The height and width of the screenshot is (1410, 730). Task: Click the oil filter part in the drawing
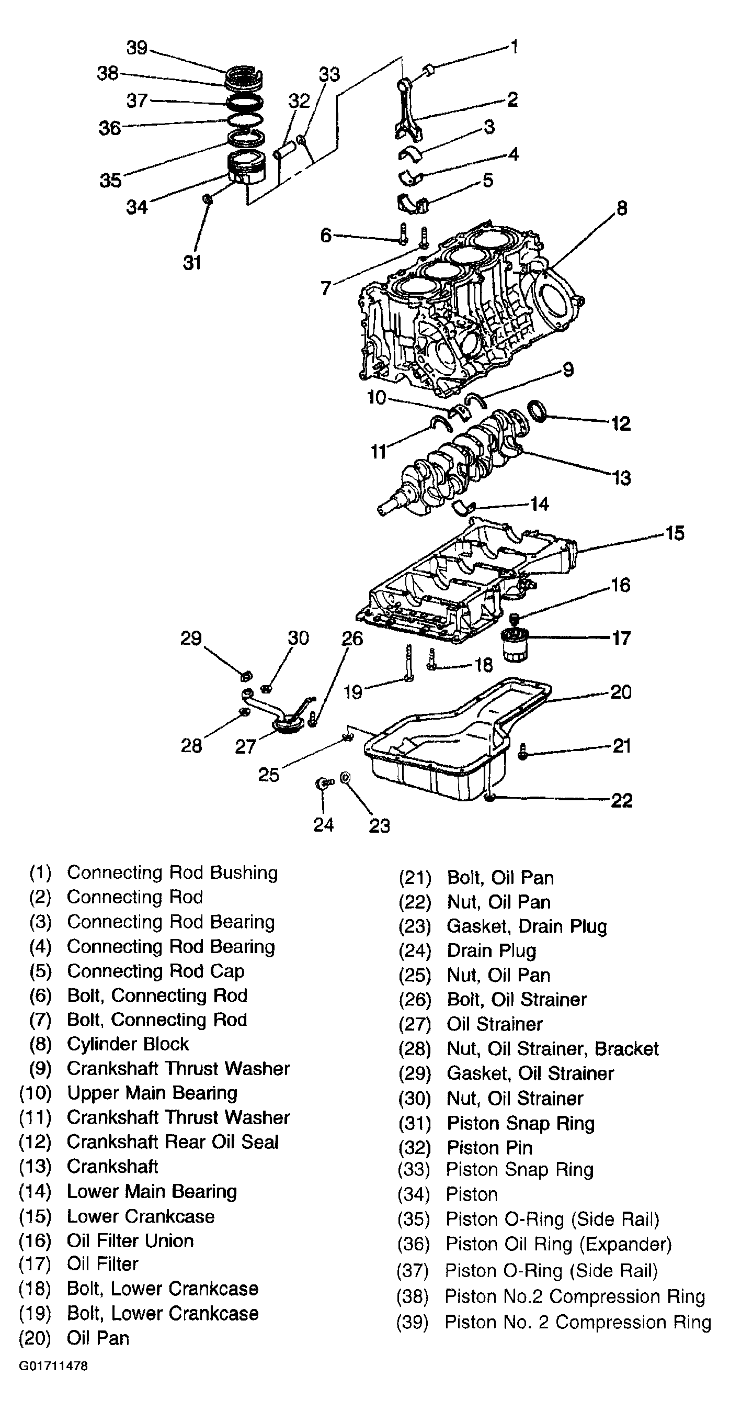click(515, 644)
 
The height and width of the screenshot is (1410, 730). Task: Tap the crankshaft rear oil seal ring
click(538, 411)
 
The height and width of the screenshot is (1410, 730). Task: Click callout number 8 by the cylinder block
click(622, 208)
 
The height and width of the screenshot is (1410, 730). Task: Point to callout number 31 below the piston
click(192, 263)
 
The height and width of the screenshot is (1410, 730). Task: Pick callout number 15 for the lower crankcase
click(675, 533)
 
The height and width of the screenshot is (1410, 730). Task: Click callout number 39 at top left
click(137, 48)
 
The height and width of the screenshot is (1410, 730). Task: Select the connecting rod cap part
click(412, 203)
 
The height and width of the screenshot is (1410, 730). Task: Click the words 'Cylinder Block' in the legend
click(128, 1044)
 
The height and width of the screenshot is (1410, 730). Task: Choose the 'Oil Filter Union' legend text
click(130, 1240)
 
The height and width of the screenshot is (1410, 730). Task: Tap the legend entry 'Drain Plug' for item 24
click(491, 951)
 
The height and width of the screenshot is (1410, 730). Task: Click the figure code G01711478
click(53, 1366)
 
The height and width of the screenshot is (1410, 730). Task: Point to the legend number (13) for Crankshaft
click(35, 1167)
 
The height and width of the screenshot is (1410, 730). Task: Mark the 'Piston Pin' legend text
click(489, 1147)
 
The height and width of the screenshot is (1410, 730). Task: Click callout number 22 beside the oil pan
click(621, 800)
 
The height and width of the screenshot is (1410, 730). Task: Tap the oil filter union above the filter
click(514, 619)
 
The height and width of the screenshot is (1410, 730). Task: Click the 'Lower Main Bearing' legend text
click(152, 1192)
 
